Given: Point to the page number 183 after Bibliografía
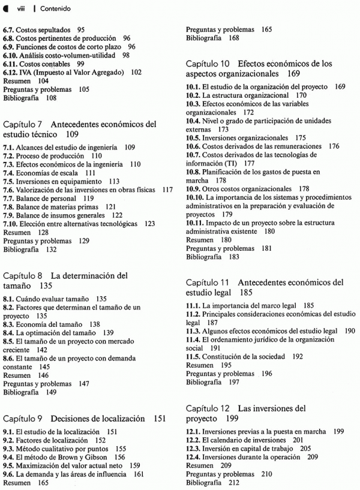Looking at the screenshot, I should pos(233,257).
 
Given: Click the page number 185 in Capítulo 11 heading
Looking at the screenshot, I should pos(245,293).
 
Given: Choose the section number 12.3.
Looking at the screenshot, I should pos(193,448).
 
